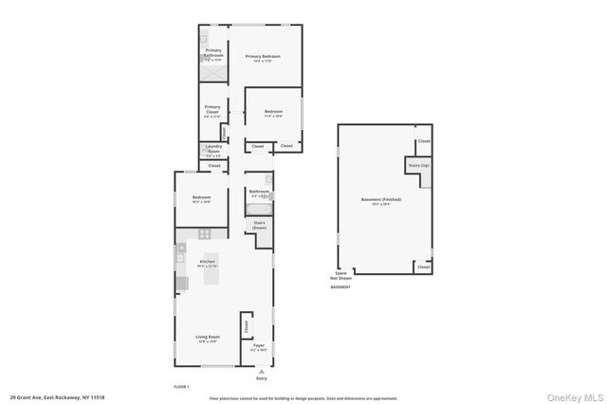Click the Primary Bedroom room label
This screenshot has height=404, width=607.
click(263, 58)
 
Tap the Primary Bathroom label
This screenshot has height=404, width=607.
click(213, 54)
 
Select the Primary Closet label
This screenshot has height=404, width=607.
click(212, 111)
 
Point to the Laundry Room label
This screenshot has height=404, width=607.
click(213, 148)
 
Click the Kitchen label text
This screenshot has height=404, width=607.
click(207, 263)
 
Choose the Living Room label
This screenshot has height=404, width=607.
click(207, 339)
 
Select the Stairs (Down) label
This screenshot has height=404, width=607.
click(259, 226)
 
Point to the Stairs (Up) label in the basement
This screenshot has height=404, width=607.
click(419, 165)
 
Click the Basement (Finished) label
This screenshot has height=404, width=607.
click(381, 200)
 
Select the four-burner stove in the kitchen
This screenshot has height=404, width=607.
click(204, 233)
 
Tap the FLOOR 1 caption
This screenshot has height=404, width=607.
click(181, 386)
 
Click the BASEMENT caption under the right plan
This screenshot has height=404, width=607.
click(340, 286)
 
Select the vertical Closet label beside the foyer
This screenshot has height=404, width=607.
click(246, 325)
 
